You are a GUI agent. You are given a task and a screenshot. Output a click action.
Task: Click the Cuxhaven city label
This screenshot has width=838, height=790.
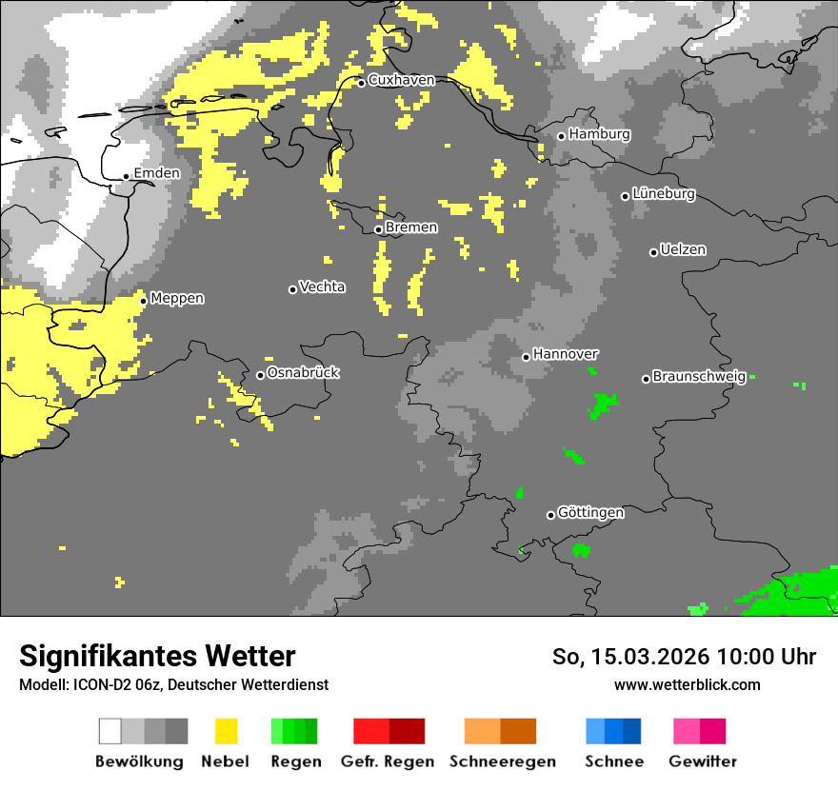(x=401, y=80)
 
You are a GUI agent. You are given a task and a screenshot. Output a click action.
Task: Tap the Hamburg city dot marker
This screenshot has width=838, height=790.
(x=562, y=136)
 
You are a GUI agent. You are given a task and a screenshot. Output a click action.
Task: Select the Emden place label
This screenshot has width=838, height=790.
(x=156, y=173)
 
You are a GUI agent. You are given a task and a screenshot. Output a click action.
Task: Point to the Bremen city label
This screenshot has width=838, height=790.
(x=411, y=227)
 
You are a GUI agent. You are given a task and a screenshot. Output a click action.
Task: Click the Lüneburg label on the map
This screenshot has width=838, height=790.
(x=664, y=193)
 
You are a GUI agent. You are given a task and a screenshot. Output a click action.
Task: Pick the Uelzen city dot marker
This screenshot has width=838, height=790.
(x=653, y=252)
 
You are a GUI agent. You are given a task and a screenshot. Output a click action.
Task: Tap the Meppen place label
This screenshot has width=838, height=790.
(x=177, y=298)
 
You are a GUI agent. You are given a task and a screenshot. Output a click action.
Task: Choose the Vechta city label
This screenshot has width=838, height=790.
(x=322, y=286)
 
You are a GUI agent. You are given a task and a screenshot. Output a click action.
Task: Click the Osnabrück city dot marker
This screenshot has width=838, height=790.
(x=260, y=375)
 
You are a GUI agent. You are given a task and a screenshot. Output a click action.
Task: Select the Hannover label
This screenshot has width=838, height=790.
(x=566, y=354)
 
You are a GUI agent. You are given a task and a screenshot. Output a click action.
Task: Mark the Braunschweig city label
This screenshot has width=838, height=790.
(x=699, y=377)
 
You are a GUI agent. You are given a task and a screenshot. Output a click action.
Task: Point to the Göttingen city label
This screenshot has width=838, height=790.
(x=590, y=513)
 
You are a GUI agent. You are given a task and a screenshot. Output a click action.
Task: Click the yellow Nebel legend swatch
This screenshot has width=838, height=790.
(x=226, y=731)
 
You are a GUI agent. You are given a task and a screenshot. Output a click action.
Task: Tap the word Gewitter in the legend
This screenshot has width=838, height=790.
(x=702, y=761)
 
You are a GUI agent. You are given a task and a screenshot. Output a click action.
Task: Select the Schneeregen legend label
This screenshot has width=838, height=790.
(x=503, y=761)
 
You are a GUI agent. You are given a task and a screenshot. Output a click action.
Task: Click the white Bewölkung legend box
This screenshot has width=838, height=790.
(x=110, y=731)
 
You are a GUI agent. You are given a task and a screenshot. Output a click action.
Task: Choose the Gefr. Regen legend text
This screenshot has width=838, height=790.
(x=388, y=761)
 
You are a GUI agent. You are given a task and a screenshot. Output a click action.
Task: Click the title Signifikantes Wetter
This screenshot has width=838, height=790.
(x=157, y=656)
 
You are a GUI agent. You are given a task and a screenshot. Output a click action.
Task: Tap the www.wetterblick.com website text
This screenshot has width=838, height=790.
(x=687, y=684)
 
